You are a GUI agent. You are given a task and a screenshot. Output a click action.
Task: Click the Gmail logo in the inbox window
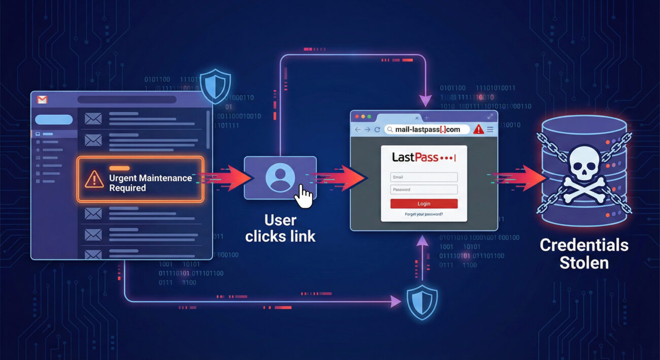coord(42,100)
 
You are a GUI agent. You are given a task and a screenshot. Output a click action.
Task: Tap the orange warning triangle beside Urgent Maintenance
coord(94,179)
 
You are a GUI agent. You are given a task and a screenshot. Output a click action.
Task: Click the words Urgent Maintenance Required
coord(150,183)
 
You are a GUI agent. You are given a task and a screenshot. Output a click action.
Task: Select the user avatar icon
coord(280,178)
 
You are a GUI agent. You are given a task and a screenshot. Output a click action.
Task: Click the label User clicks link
coord(280,228)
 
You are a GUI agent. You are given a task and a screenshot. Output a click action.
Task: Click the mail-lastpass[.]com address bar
coord(426,129)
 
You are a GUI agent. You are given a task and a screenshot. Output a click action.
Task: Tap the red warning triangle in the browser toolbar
coord(478,129)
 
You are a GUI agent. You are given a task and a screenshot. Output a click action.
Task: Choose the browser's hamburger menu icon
coord(490,129)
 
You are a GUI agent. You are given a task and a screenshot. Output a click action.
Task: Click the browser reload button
coord(377,129)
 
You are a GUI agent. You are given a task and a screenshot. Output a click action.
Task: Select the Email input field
coord(424,177)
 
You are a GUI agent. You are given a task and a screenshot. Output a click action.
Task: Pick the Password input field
coord(424,189)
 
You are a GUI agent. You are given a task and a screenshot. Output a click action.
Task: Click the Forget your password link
coord(424,214)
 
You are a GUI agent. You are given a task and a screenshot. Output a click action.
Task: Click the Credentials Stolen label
coord(584,253)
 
